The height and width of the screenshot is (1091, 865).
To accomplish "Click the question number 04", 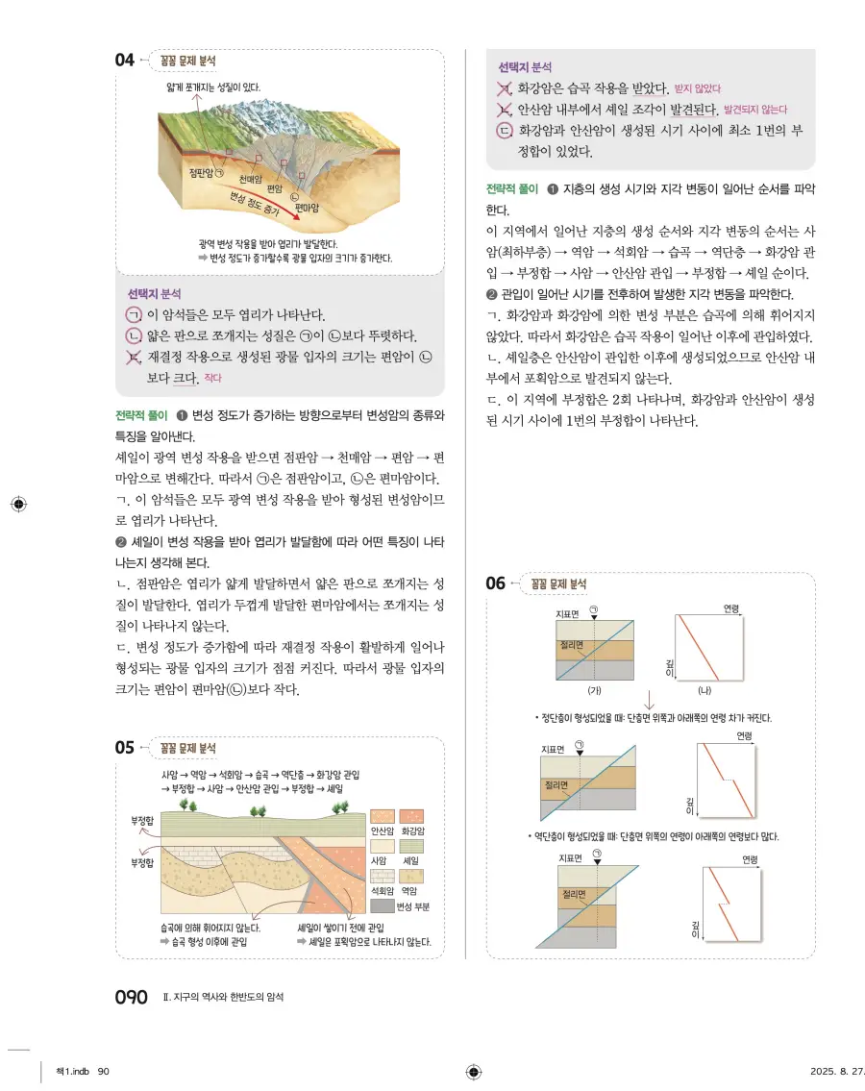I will coord(125,61).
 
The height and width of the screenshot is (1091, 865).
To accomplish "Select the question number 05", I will coord(125,747).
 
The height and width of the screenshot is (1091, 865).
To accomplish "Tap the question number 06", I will coord(495,583).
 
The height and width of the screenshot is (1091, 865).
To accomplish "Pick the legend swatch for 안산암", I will coord(383,815).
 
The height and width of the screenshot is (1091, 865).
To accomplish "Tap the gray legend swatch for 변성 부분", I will coord(383,905).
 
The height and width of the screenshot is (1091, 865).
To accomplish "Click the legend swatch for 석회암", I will coord(383,875).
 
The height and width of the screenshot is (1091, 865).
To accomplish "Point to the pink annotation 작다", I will coord(212,378).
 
